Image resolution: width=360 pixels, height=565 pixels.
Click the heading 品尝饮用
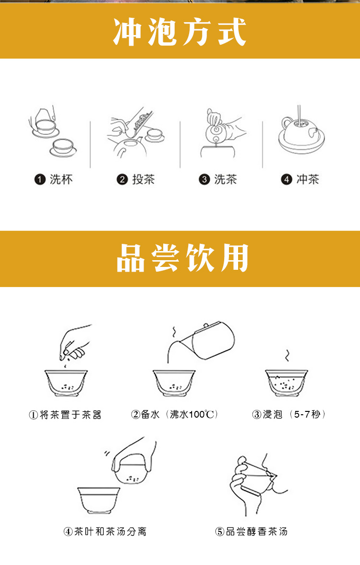click(182, 258)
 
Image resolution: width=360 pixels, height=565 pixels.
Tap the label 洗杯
click(61, 179)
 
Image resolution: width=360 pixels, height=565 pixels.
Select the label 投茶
click(144, 179)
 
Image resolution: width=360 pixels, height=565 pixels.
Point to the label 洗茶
click(226, 179)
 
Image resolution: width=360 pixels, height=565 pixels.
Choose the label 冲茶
click(308, 179)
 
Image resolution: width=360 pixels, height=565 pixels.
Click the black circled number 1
click(40, 180)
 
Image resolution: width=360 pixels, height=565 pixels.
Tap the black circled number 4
click(287, 180)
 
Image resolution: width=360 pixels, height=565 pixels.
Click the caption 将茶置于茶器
click(71, 415)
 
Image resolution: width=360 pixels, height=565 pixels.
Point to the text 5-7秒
click(307, 414)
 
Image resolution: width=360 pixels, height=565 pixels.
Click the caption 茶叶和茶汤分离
click(110, 531)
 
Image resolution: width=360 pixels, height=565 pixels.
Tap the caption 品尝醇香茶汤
click(257, 531)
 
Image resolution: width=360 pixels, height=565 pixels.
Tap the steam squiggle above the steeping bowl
click(287, 356)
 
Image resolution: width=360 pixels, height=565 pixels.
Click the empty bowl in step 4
click(99, 500)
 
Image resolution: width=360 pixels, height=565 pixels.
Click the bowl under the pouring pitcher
click(174, 383)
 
